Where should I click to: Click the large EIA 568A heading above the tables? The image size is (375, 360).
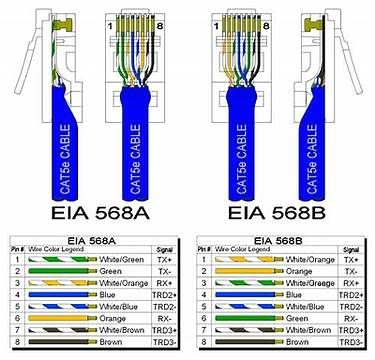coord(96,214)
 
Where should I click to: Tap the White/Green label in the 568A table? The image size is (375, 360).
coord(122,257)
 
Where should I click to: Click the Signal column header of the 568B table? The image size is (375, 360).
coord(350,247)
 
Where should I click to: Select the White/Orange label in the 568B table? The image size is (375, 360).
coord(311,257)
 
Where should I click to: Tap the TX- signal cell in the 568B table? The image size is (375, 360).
coord(350,270)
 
